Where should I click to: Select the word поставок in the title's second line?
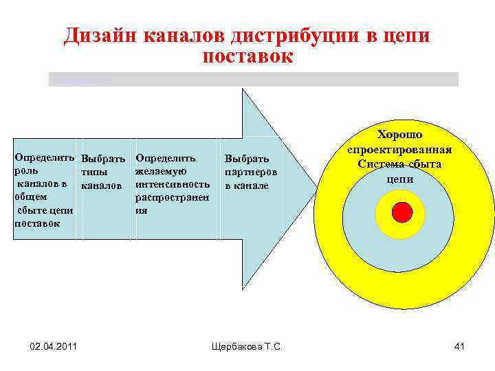pyautogui.click(x=247, y=56)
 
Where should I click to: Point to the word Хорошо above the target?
pyautogui.click(x=399, y=135)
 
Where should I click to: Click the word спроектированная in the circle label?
pyautogui.click(x=399, y=150)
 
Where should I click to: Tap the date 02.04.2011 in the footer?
pyautogui.click(x=54, y=346)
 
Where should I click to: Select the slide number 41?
pyautogui.click(x=459, y=346)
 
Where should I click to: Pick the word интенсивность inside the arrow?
pyautogui.click(x=173, y=184)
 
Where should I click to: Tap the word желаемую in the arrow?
pyautogui.click(x=162, y=171)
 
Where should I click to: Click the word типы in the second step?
pyautogui.click(x=94, y=172)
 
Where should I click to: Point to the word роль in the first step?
pyautogui.click(x=27, y=171)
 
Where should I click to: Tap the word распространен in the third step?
pyautogui.click(x=172, y=197)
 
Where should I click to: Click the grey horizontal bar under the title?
pyautogui.click(x=253, y=79)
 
